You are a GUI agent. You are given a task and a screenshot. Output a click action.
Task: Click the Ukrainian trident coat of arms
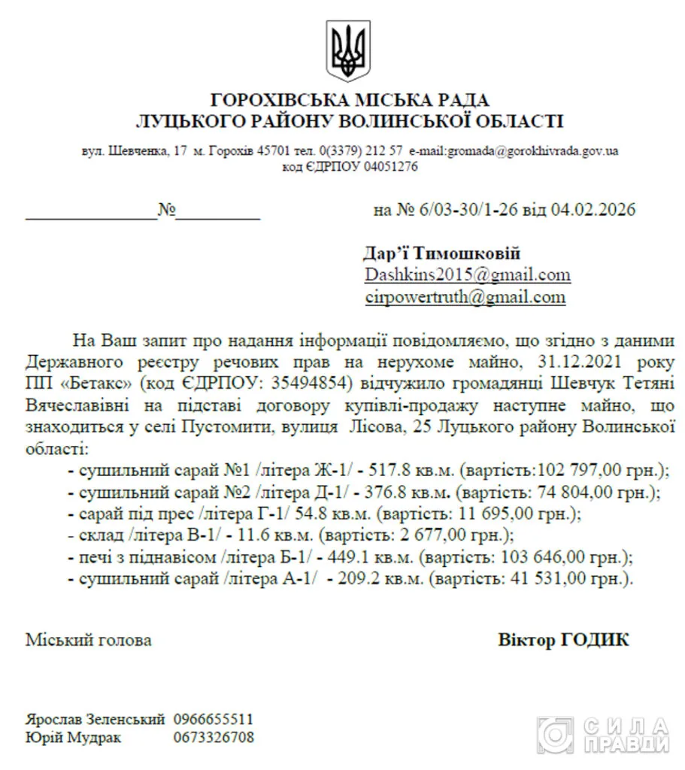point(347,46)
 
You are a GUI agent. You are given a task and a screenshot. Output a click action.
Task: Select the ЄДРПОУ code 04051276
point(391,167)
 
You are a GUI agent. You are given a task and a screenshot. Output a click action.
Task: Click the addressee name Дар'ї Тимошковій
point(442,253)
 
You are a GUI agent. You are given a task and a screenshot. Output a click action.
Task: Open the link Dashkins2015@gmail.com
point(467,274)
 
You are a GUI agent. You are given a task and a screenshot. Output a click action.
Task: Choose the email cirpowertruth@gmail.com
point(465,296)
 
